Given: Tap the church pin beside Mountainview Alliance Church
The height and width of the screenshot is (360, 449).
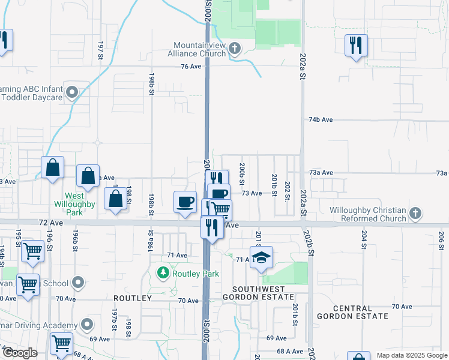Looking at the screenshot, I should coord(235,47).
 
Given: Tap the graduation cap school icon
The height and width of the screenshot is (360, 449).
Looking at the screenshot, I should coord(261,257).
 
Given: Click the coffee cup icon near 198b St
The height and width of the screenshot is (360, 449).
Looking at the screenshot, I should coord(185,202).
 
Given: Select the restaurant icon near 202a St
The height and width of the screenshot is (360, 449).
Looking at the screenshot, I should coord(355,45).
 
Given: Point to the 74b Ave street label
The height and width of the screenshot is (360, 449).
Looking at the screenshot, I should coord(321,120).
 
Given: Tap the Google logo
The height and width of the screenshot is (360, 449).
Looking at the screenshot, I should coord(19,353).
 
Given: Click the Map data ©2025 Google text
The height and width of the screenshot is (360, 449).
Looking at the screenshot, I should coord(411,355).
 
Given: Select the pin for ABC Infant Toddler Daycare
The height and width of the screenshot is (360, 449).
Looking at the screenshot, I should coord(73,92).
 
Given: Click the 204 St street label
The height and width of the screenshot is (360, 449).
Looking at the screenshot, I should coord(364,239).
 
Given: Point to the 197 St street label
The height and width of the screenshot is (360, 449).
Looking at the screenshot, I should coord(101,51).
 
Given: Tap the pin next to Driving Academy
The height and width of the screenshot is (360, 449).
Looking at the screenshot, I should coord(88,325).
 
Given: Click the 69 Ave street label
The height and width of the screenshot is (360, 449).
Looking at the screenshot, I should coord(272,338).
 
